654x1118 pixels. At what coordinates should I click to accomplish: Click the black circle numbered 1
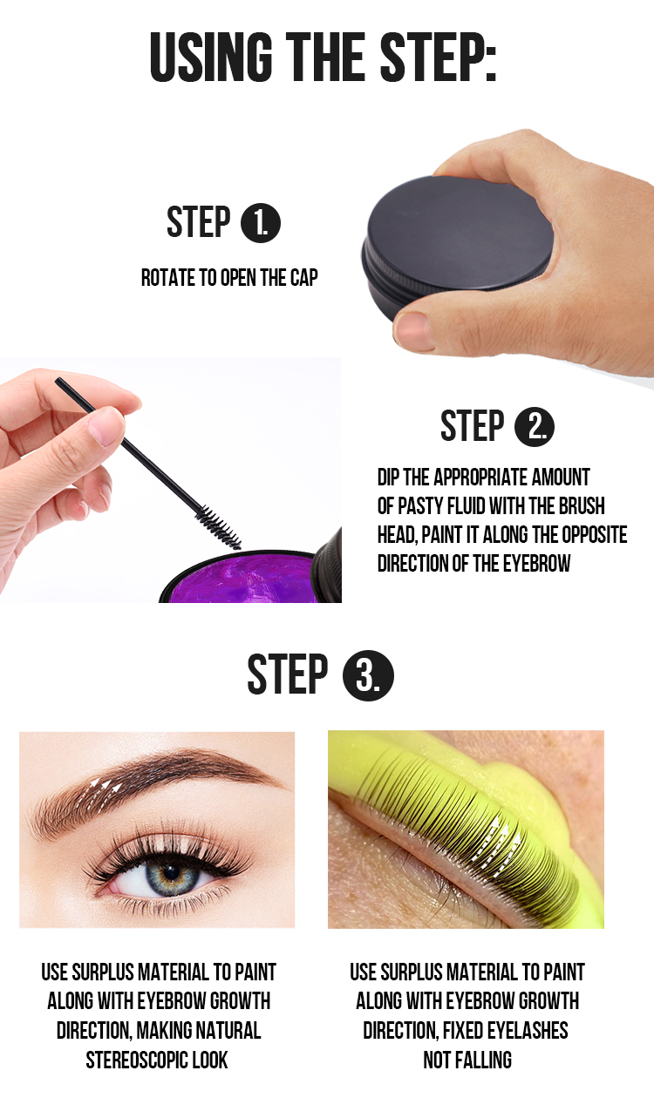(x=261, y=223)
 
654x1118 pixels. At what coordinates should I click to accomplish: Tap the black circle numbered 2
(x=535, y=427)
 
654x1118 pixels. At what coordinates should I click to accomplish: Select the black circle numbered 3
(x=367, y=675)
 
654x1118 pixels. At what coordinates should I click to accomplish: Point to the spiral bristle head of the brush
(x=218, y=525)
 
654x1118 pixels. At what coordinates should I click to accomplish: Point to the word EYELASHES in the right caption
(x=523, y=1030)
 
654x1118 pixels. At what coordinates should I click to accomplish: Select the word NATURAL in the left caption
(x=221, y=1030)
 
